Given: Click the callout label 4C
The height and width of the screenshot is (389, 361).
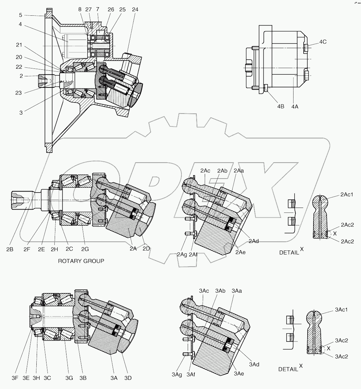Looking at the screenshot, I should tap(323, 42).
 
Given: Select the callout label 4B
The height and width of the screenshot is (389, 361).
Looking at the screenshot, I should tap(280, 106).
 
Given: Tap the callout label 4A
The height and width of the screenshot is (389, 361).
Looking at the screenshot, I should tap(294, 106).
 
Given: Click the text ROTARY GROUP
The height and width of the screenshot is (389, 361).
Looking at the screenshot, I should tap(81, 261).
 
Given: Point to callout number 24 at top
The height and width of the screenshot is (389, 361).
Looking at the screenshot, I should tap(135, 9).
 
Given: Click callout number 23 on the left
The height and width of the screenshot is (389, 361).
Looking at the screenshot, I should tap(18, 93).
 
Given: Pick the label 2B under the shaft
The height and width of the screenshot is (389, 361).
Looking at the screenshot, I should tap(10, 249).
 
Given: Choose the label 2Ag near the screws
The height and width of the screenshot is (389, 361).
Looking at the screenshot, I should tap(182, 254).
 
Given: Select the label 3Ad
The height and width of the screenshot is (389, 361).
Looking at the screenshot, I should tap(254, 364).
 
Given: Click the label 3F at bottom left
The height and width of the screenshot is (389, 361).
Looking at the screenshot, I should tap(15, 378).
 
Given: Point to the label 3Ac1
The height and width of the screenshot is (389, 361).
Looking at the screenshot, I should tap(341, 310).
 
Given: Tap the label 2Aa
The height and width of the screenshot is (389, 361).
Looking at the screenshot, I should tap(239, 171).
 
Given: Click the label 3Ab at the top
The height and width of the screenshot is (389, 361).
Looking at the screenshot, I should tap(220, 291).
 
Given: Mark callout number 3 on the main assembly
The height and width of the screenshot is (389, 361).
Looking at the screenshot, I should tap(21, 113).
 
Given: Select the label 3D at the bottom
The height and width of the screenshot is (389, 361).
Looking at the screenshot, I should tap(128, 378).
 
